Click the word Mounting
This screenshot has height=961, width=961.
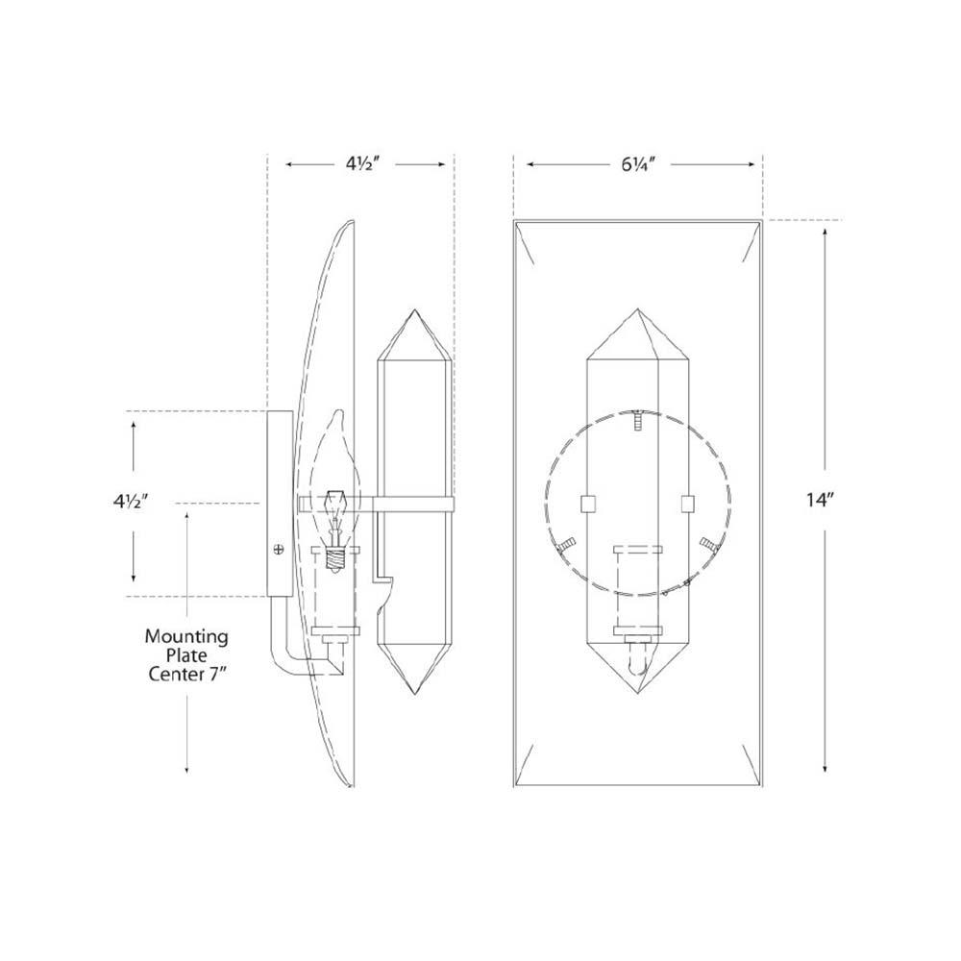pos(186,635)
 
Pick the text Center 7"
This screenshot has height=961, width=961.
pos(186,674)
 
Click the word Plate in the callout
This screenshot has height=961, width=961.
pos(186,654)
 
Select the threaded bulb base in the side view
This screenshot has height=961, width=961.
pos(335,558)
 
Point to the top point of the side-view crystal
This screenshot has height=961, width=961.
pos(412,311)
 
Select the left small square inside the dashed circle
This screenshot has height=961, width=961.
pos(590,503)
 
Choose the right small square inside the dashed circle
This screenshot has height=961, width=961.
pos(686,503)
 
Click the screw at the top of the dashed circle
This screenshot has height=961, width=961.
pos(637,418)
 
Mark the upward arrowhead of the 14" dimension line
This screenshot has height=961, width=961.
pos(825,231)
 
